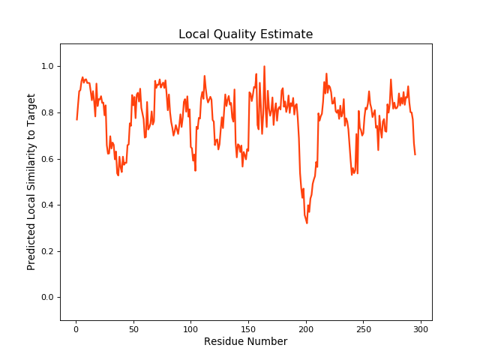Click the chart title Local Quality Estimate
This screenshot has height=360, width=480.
coord(245,34)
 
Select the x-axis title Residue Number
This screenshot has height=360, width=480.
coord(245,341)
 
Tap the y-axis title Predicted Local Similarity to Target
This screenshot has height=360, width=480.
coord(31,181)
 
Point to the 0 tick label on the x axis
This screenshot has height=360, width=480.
coord(76,328)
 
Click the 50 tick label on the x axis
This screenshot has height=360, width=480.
coord(133,328)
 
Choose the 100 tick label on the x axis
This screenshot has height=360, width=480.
coord(190,328)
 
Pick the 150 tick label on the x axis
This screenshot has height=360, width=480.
coord(248,328)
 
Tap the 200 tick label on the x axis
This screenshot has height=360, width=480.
coord(306,328)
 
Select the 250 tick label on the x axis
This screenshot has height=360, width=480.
coord(363,328)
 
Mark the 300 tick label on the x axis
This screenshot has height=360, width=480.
coord(421,328)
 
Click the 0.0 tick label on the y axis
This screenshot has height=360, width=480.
coord(46,298)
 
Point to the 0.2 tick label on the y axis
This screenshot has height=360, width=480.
coord(46,251)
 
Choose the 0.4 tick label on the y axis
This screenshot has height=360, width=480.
coord(46,205)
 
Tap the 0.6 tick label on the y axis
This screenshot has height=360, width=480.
coord(46,159)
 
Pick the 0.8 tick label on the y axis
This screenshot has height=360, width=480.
coord(46,113)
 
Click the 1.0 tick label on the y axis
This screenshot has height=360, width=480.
coord(46,67)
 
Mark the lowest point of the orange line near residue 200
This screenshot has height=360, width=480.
coord(307,223)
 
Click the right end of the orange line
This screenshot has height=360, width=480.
coord(415,154)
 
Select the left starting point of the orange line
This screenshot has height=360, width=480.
coord(76,119)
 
